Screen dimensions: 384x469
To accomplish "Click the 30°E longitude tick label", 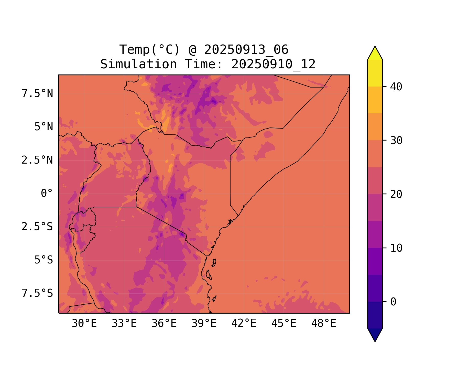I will coord(84,324).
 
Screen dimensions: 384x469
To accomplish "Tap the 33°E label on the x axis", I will coord(124,324).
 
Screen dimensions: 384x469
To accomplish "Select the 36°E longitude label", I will coord(164,324).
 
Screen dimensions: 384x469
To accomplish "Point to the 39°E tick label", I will coord(204,324).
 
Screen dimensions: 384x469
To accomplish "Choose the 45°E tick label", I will coord(284,324).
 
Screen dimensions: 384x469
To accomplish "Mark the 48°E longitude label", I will coord(324,324).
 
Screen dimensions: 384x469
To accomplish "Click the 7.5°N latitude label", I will coord(37,94).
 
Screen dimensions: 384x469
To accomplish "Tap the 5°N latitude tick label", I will coord(44,127).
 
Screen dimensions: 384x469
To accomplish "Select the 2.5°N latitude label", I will coord(37,160).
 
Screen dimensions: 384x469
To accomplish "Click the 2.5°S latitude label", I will coord(37,227).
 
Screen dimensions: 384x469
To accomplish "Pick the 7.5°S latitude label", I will coord(37,293).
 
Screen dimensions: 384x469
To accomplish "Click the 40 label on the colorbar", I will coord(396,87).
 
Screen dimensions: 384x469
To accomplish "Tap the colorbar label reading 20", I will coord(396,194).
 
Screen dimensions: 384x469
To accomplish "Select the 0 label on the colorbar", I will coord(393,302).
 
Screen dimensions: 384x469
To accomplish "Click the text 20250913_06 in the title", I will coord(246,50).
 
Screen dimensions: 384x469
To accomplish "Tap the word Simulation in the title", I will coord(138,64).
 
